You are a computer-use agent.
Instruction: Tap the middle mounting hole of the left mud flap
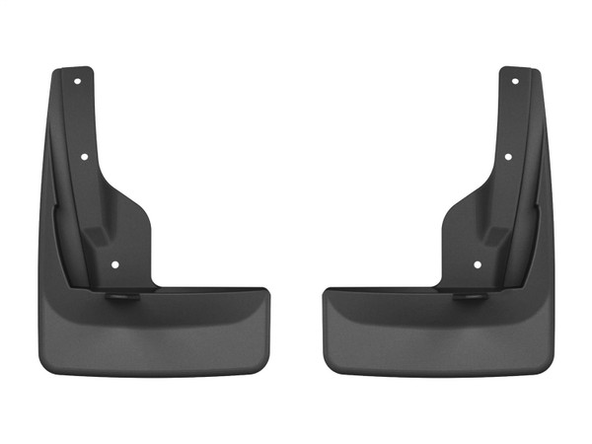pos(85,156)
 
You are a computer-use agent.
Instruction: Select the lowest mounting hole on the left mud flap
pos(116,263)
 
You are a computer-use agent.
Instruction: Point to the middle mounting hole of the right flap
pos(507,156)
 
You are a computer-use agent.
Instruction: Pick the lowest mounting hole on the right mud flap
pos(477,263)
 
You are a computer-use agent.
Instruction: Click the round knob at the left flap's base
pos(119,295)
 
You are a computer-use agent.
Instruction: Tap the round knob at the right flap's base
pos(473,295)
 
